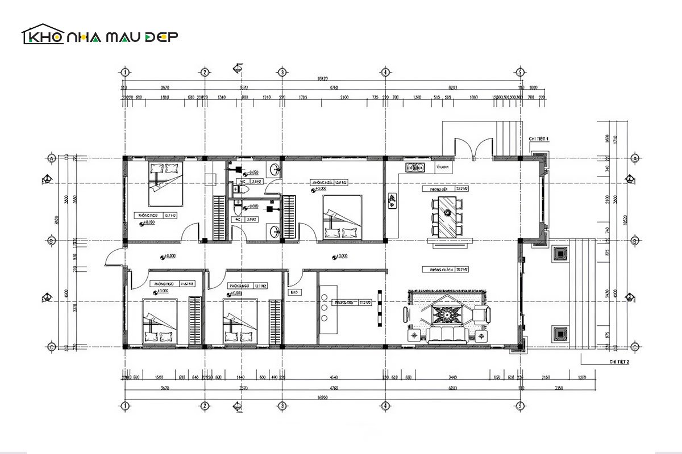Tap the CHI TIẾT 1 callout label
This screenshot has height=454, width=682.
[538, 138]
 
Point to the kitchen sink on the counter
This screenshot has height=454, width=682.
[416, 167]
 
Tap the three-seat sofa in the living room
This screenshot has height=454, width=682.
[447, 334]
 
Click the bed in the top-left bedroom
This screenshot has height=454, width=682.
[166, 183]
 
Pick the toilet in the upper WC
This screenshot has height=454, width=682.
[241, 191]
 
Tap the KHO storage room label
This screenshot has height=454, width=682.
[294, 293]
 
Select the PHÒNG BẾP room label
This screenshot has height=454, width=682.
[440, 189]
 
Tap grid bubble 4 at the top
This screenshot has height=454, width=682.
[385, 72]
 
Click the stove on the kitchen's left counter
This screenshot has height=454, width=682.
[392, 200]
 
